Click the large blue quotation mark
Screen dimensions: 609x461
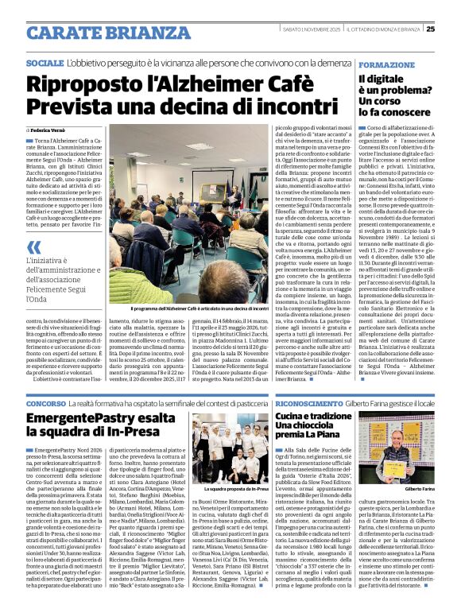click(35, 247)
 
